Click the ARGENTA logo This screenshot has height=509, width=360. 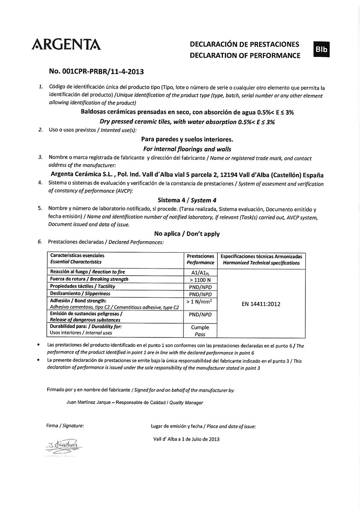tap(66, 45)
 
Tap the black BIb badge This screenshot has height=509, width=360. tap(322, 49)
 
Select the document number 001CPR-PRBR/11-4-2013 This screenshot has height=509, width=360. tap(96, 72)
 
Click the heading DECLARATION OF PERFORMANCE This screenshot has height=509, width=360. tap(245, 56)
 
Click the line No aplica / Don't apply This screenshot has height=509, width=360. tap(187, 234)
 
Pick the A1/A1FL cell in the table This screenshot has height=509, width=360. tap(200, 272)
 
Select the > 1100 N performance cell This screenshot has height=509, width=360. tap(200, 279)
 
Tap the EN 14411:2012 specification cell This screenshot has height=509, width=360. tap(261, 304)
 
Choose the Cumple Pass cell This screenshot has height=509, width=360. tap(200, 330)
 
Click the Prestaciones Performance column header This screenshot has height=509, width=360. tap(200, 259)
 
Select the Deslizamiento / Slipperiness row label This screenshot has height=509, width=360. tap(80, 294)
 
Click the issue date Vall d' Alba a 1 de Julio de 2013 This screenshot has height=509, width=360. tap(186, 439)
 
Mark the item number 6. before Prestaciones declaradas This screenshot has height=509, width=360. tap(40, 242)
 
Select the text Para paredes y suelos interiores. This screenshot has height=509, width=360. tap(187, 140)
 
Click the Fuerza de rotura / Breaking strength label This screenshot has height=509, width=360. tap(89, 279)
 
